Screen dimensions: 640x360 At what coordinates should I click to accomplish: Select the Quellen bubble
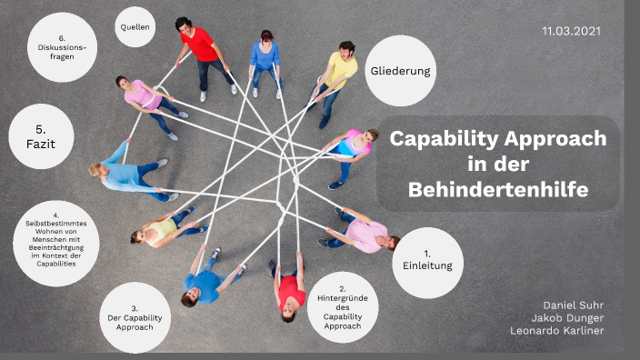135,27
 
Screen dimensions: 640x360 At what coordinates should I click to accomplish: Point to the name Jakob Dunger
567,317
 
